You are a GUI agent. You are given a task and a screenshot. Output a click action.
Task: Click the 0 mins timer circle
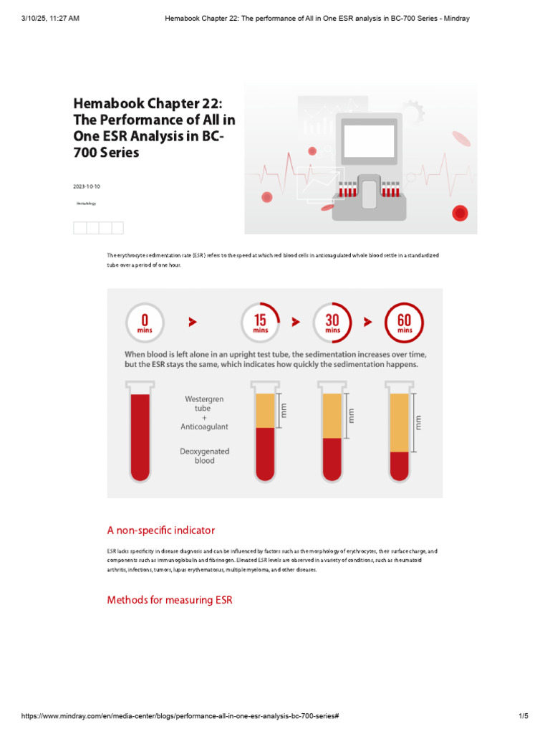[x=145, y=323]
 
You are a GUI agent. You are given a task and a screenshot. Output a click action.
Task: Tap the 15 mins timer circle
[x=260, y=323]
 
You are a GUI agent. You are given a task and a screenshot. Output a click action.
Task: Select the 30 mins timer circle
[x=332, y=323]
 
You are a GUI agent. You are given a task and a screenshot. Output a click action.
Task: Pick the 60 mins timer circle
[x=405, y=323]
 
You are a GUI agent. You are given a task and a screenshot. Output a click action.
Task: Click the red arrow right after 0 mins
[x=193, y=323]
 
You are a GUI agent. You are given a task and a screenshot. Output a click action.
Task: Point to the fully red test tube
[x=140, y=434]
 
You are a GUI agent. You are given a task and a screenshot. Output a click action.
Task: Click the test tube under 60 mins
[x=400, y=434]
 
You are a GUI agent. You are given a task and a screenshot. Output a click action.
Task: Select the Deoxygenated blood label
[x=204, y=456]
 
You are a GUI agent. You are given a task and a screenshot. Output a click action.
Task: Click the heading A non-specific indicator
[x=160, y=530]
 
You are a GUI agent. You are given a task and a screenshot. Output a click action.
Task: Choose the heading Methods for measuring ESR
[x=170, y=600]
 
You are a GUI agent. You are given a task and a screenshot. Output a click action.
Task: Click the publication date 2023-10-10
[x=86, y=186]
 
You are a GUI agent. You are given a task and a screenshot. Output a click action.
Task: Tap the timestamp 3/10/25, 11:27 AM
[x=50, y=18]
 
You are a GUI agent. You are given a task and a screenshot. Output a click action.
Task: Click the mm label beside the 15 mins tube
[x=284, y=411]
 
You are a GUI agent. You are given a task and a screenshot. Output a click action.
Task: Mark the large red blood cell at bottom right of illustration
[x=460, y=213]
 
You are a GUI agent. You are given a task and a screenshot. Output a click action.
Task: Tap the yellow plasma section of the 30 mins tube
[x=332, y=416]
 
